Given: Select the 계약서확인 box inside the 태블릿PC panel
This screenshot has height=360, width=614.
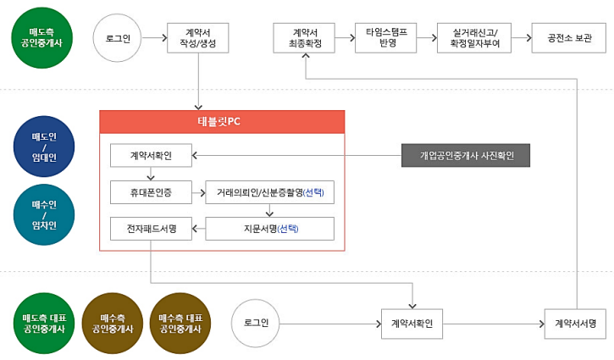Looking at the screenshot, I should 152,156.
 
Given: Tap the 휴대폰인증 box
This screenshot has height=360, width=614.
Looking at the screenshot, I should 152,192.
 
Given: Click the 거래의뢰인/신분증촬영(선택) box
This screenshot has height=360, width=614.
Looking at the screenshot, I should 270,192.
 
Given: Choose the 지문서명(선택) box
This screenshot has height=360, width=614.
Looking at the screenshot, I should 270,229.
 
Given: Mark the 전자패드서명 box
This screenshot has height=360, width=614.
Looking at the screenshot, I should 152,229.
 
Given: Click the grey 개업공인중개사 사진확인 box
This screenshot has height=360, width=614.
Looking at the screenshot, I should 473,156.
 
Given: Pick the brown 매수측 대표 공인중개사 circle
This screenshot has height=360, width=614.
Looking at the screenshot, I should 178,323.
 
